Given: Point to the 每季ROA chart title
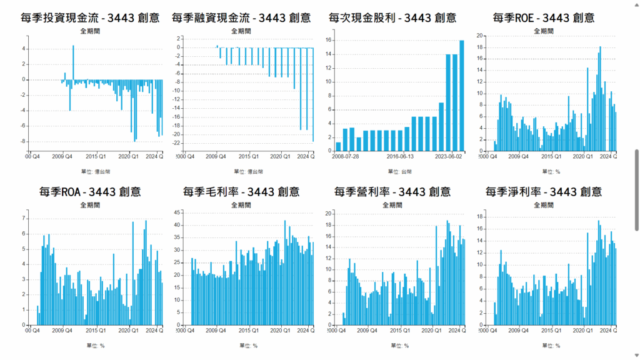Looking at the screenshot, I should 89,191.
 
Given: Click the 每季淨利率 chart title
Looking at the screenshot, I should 544,191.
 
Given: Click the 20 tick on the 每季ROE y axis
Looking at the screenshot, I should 480,36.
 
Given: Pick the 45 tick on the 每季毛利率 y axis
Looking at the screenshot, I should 177,212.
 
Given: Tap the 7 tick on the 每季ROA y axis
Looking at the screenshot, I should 24,218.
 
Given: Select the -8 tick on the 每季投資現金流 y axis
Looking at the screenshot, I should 24,141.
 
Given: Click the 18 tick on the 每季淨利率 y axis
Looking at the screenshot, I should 480,217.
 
